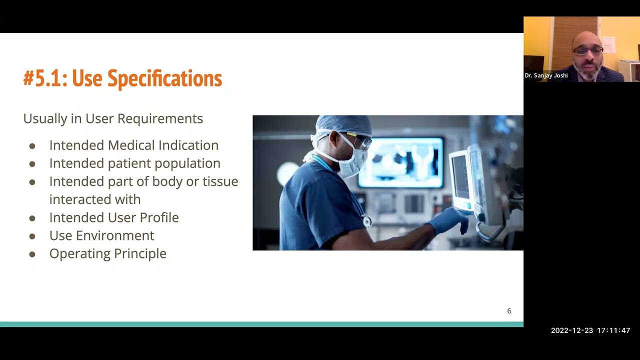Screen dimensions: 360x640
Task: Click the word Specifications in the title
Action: point(164,78)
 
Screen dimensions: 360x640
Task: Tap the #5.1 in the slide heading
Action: point(45,78)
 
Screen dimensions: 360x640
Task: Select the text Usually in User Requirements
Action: point(113,118)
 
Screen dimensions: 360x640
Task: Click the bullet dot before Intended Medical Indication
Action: point(32,146)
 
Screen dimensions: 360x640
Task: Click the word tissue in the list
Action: point(220,181)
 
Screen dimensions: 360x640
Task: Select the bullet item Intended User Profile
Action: point(114,217)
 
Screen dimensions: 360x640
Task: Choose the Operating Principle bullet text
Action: point(107,253)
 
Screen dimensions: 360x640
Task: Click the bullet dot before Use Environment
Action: point(32,236)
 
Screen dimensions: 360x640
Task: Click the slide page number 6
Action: point(509,311)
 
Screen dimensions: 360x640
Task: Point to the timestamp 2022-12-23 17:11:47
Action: point(590,330)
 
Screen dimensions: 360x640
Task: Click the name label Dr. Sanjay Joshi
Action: point(546,75)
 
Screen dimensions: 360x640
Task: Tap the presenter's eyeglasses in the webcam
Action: point(588,50)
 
